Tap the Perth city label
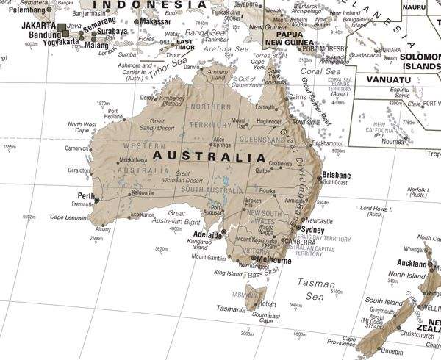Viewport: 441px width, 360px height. [86, 196]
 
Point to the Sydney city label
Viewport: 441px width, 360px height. [313, 230]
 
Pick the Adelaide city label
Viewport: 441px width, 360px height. [208, 234]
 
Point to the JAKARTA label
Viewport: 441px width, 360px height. [39, 24]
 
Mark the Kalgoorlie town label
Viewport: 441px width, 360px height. [142, 192]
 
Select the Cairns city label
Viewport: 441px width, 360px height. [298, 96]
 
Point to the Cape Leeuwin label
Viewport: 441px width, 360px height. [67, 217]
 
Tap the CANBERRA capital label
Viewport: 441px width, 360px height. [300, 242]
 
